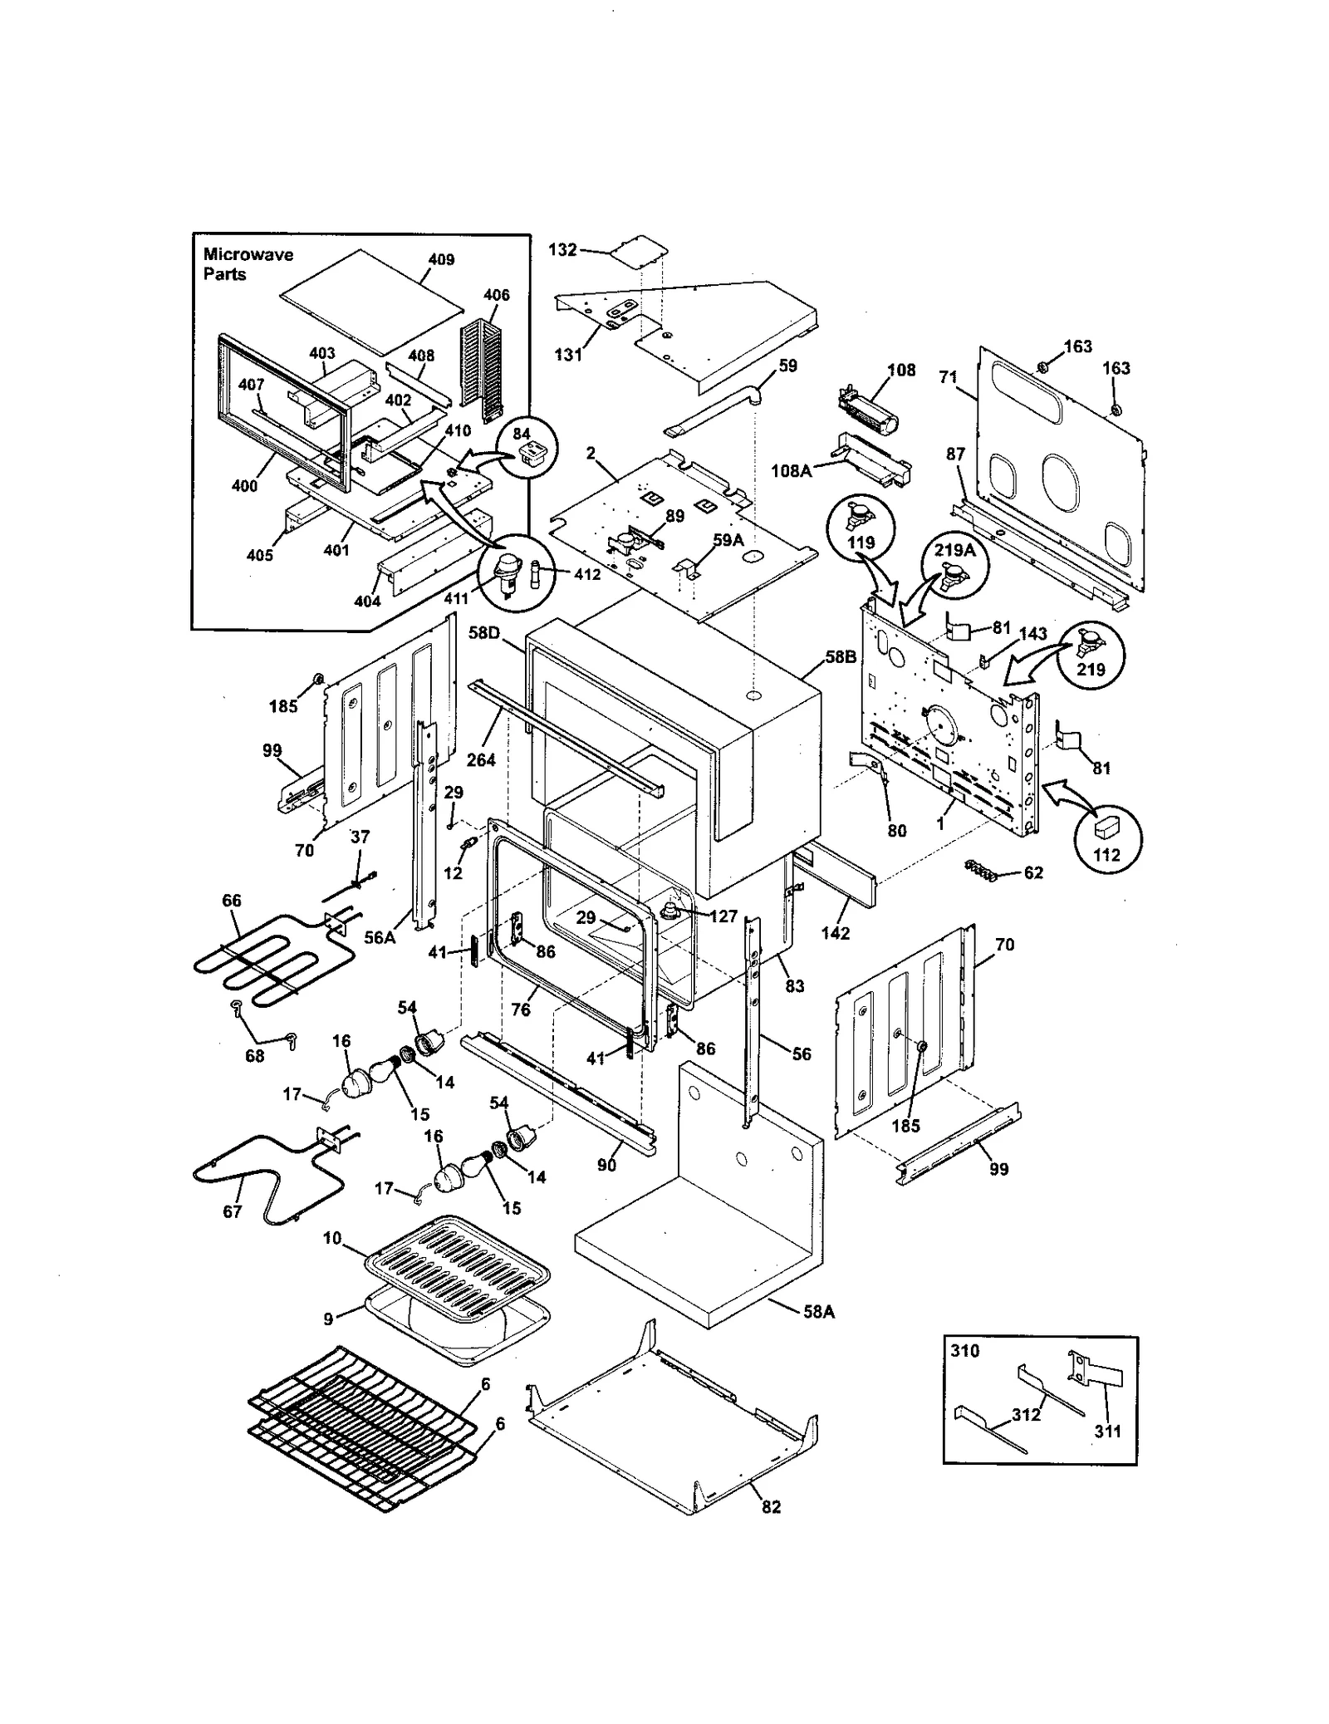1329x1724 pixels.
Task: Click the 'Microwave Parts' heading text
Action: [x=248, y=264]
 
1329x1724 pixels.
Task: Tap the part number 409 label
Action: [x=441, y=259]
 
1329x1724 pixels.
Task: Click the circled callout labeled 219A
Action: [x=954, y=563]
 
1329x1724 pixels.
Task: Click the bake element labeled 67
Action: [x=249, y=1176]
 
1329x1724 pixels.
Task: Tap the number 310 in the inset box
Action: [x=964, y=1351]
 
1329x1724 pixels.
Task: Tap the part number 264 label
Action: [x=481, y=759]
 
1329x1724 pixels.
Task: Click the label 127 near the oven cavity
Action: [x=723, y=916]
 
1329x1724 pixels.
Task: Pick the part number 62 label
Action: [x=1033, y=873]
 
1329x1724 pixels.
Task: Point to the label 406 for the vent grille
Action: [x=496, y=295]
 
